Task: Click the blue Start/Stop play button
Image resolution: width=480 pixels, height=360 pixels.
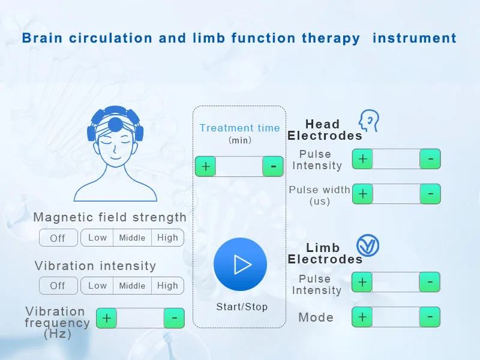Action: click(x=241, y=264)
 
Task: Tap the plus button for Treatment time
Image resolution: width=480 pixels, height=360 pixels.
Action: click(x=205, y=166)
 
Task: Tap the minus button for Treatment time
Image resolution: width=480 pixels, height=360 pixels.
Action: click(x=273, y=166)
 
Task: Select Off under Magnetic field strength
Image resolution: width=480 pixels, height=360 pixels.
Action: click(x=58, y=238)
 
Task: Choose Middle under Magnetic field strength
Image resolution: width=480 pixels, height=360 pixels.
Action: click(x=132, y=238)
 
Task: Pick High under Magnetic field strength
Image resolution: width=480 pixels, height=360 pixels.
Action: click(x=168, y=238)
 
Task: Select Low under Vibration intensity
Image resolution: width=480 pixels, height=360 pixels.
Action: click(x=97, y=286)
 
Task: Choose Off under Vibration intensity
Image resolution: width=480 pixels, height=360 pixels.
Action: click(x=58, y=286)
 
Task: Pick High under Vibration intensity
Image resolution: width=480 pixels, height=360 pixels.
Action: click(x=168, y=286)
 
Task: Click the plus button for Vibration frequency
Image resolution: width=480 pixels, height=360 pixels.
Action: click(x=107, y=318)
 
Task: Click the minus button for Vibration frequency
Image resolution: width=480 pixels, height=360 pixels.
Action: click(x=174, y=318)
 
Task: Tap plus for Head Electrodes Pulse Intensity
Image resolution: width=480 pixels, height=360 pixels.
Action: click(x=362, y=159)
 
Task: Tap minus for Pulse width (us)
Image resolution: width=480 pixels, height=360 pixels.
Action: click(x=430, y=194)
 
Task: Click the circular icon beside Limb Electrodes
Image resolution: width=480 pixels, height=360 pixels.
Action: click(x=368, y=245)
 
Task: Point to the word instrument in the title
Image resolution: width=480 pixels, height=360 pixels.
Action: click(x=415, y=38)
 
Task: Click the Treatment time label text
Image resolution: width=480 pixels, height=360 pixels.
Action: click(x=239, y=128)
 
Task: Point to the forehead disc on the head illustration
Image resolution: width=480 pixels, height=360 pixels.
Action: click(x=115, y=124)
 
